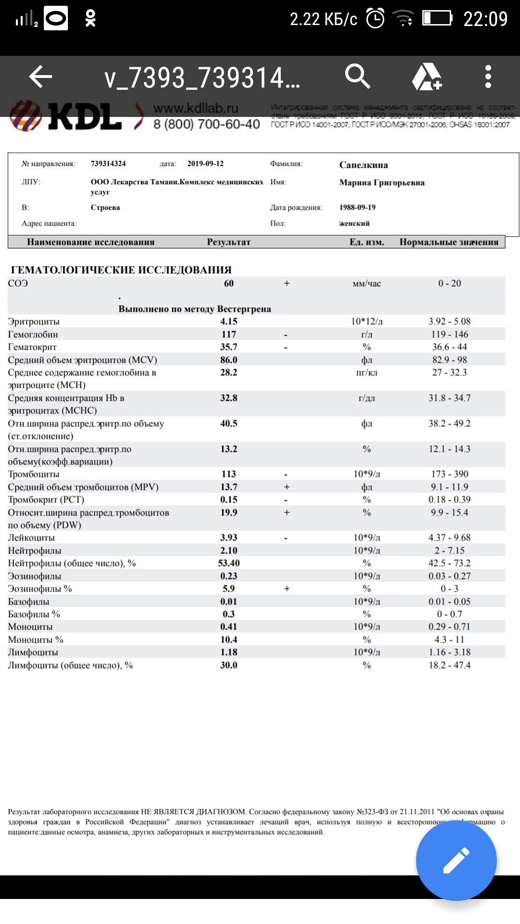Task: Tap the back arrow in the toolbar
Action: pos(40,77)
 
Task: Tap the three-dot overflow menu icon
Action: pos(488,77)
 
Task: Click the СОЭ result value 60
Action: pos(229,283)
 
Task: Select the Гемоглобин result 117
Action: pos(229,334)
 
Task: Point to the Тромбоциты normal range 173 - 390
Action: pos(449,474)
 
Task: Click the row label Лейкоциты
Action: pos(31,538)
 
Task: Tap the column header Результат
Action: pos(229,242)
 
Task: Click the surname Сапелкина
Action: pos(364,165)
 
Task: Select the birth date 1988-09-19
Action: pos(357,207)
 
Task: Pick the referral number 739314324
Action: pos(108,164)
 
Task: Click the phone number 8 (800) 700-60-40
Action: pos(207,124)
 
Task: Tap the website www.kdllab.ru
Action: pos(196,108)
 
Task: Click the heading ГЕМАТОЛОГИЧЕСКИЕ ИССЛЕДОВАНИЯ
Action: pos(121,270)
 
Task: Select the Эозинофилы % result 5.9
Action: pos(229,589)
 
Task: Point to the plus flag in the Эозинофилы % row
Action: pos(287,589)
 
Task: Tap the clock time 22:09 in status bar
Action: pos(485,19)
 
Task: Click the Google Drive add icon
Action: pos(427,77)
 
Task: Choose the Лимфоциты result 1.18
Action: pos(229,652)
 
